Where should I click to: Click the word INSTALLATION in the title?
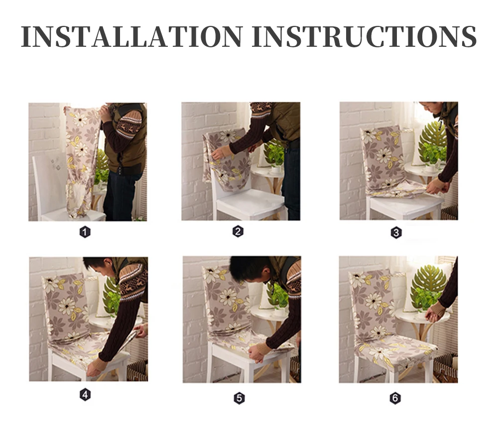click(132, 36)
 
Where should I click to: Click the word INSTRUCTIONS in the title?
click(364, 36)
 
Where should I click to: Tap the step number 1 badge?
click(85, 232)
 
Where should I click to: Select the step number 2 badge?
click(238, 231)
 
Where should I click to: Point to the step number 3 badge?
click(396, 233)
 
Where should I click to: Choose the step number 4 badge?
click(85, 395)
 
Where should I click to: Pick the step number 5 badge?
click(239, 398)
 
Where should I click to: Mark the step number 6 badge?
click(395, 398)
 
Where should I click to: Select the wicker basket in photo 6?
click(445, 368)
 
